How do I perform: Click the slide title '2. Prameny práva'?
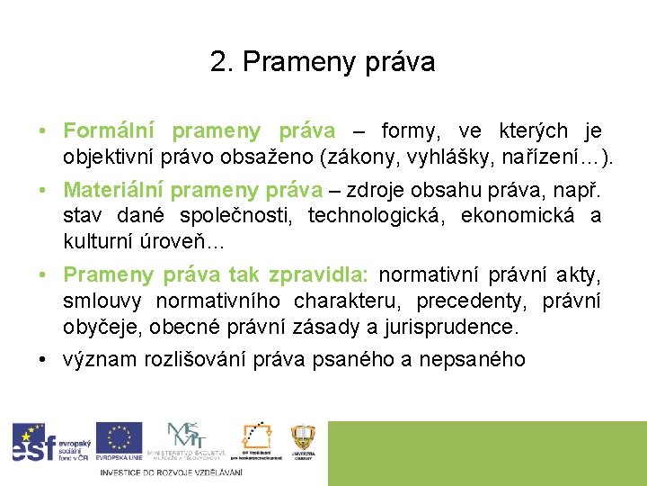pos(323,62)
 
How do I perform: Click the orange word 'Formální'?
pos(109,132)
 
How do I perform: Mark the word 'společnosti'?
pos(242,216)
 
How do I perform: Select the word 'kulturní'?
pos(94,241)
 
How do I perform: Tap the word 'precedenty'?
pos(472,300)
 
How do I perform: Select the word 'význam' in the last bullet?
pos(93,359)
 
